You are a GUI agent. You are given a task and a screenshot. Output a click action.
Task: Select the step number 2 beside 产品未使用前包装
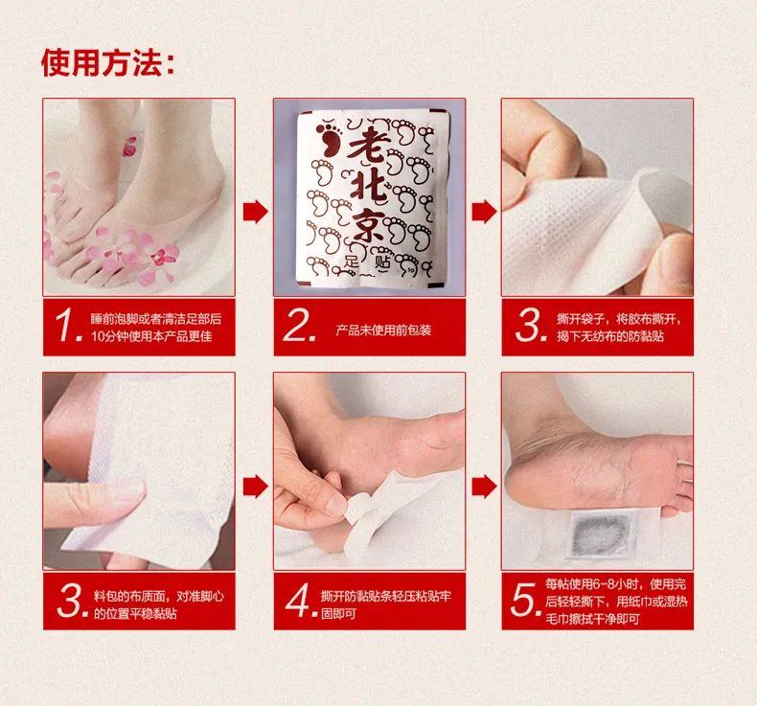[299, 328]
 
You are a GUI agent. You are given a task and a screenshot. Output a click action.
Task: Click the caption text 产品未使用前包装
[383, 330]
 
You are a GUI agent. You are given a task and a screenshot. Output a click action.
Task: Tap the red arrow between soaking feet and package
[254, 211]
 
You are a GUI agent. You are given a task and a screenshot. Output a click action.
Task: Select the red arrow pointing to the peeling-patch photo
[483, 211]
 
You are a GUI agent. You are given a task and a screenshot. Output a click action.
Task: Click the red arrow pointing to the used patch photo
[483, 486]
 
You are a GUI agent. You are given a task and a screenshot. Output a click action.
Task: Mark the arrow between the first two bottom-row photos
[254, 486]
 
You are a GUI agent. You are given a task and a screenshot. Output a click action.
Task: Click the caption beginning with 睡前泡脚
[155, 327]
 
